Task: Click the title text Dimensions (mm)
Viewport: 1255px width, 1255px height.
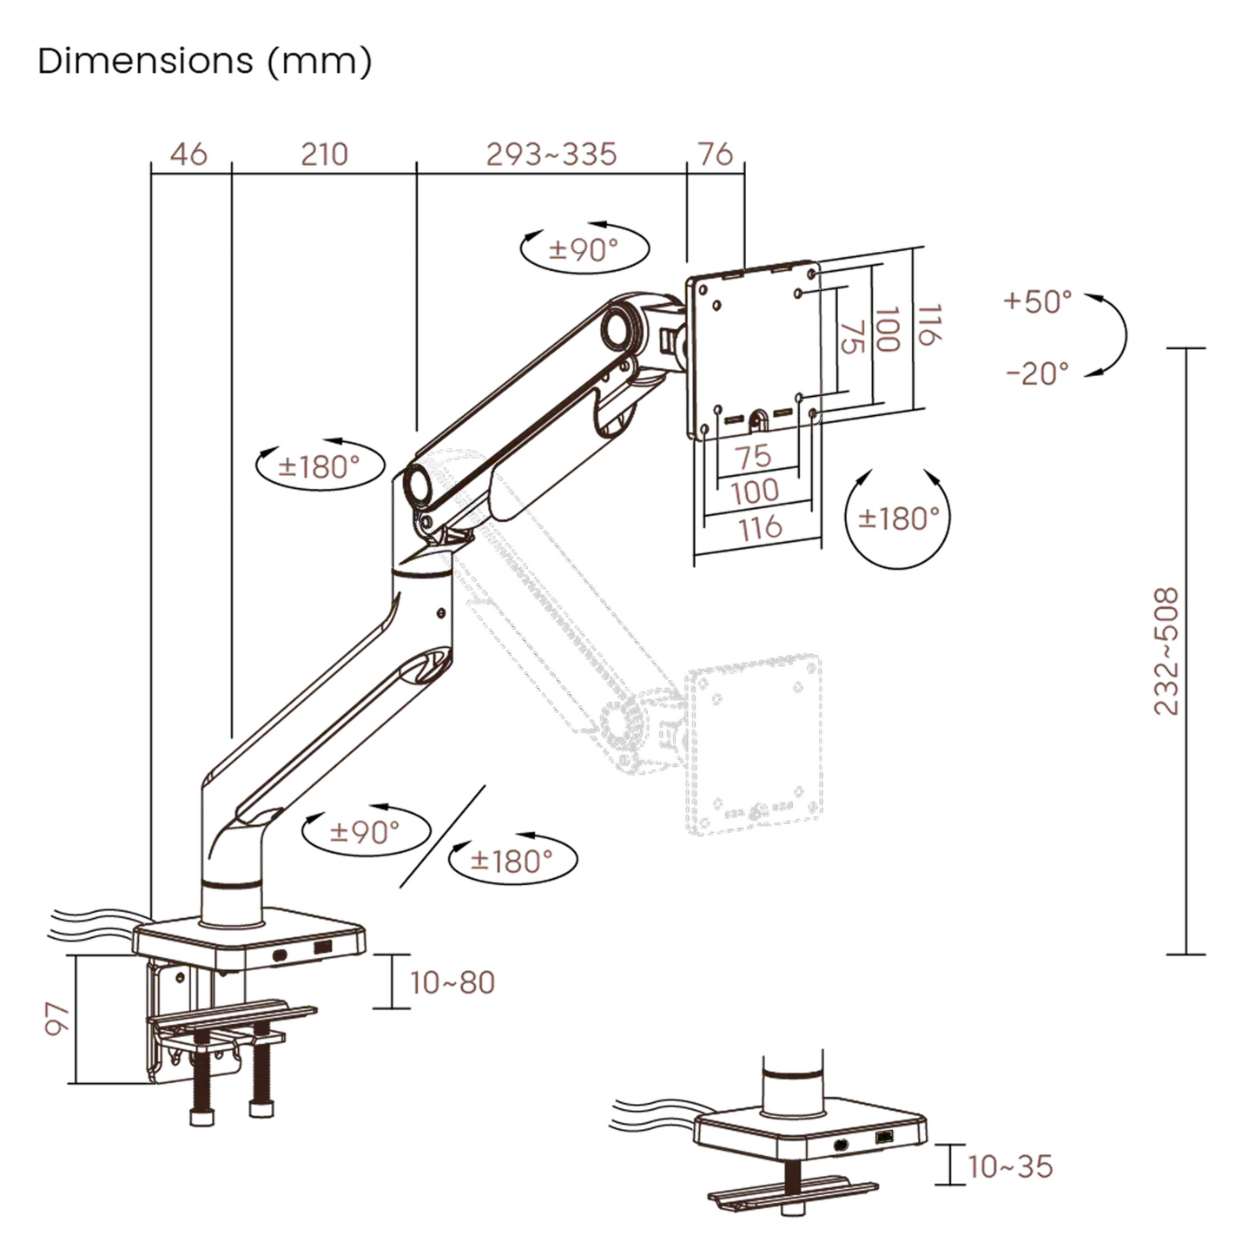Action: click(x=205, y=62)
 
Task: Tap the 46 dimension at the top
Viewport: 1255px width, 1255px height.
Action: click(x=188, y=155)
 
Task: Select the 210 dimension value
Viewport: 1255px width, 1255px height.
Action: click(x=324, y=155)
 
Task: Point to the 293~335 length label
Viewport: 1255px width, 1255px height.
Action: click(x=551, y=155)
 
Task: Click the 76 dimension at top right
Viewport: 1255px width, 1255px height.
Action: click(x=716, y=155)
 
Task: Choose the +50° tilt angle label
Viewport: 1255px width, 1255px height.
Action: click(x=1038, y=302)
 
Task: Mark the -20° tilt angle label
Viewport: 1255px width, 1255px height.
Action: click(x=1038, y=373)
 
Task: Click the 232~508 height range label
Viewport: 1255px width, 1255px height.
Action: click(x=1166, y=651)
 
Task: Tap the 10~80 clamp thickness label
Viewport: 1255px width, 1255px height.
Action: click(x=452, y=982)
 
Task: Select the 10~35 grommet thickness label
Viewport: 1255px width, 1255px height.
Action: click(x=1009, y=1166)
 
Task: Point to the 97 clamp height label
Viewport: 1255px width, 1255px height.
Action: click(x=56, y=1018)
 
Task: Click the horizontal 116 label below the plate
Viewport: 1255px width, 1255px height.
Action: click(x=760, y=527)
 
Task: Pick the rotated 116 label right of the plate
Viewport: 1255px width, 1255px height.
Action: click(x=928, y=325)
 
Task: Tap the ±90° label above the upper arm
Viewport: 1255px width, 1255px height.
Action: click(x=584, y=250)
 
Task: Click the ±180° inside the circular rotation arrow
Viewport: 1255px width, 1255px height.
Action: click(x=899, y=519)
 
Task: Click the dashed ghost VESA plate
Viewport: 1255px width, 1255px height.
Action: click(x=754, y=745)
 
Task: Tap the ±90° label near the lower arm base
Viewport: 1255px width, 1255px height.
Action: click(x=365, y=832)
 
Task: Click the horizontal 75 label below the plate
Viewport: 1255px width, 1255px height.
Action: click(x=753, y=456)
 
